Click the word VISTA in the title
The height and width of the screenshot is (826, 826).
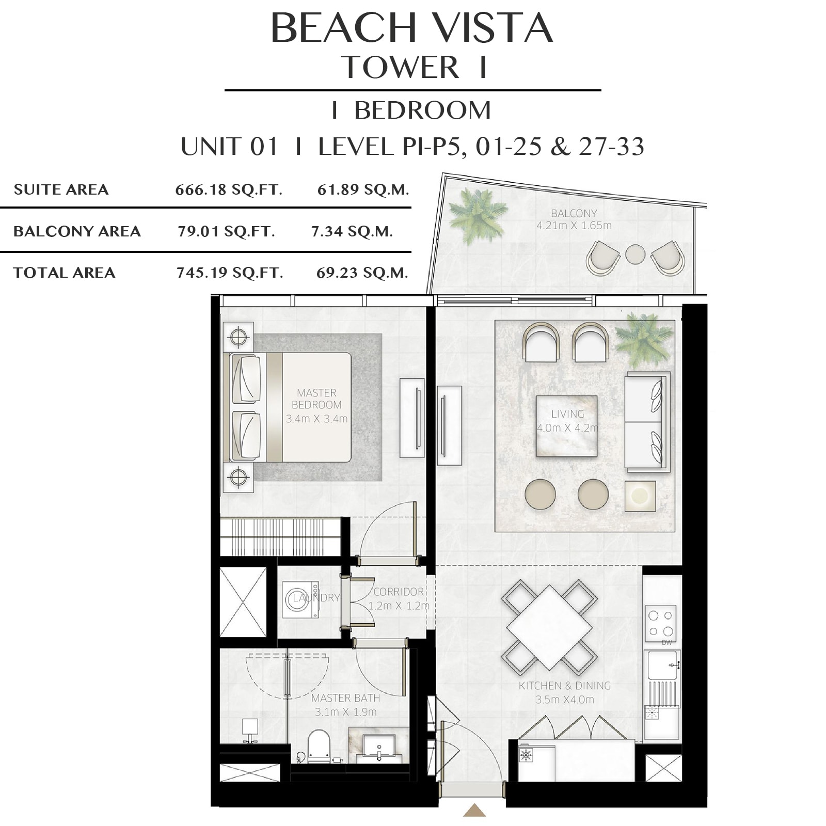(492, 28)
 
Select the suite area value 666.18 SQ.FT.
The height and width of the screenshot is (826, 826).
(229, 189)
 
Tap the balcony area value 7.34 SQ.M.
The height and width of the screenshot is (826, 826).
(352, 231)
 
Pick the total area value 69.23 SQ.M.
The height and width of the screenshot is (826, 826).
(362, 273)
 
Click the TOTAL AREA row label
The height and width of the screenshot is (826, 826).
(65, 273)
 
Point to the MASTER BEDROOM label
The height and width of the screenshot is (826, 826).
(316, 399)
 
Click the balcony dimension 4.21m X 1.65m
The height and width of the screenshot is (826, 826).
(574, 226)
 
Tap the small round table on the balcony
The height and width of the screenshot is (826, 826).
(635, 254)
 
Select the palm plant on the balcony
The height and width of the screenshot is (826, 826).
(477, 215)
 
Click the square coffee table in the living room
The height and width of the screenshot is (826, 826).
(566, 426)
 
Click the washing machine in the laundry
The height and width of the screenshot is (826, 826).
(300, 600)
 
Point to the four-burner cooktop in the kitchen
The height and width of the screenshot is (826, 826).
(661, 623)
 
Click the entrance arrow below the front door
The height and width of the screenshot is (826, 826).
(474, 810)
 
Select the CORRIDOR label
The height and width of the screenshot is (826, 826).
(399, 592)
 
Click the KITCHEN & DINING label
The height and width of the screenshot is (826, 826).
(565, 686)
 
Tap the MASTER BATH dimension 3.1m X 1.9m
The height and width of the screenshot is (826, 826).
(346, 712)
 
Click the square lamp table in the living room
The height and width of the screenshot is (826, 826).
(640, 496)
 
